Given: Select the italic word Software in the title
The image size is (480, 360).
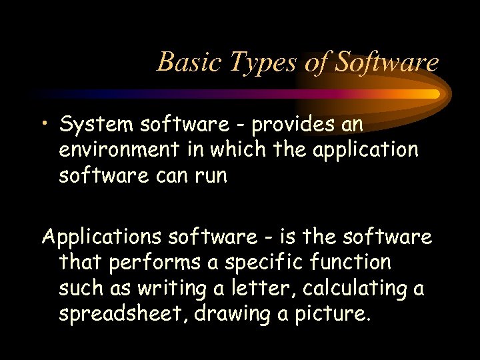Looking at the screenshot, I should [x=387, y=62].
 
